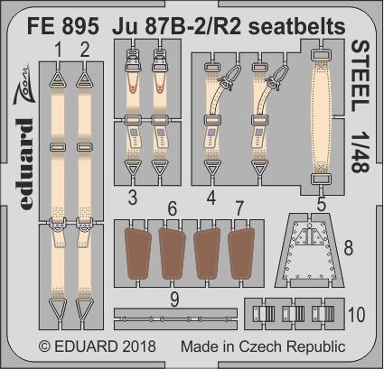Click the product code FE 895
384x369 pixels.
click(x=63, y=26)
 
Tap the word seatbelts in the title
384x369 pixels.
click(x=297, y=26)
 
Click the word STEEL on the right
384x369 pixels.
click(x=361, y=76)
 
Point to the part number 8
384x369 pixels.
click(x=349, y=249)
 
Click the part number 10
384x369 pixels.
click(x=357, y=314)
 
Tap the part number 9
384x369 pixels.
click(x=174, y=300)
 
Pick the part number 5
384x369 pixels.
click(x=322, y=204)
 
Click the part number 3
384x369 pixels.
click(x=133, y=197)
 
